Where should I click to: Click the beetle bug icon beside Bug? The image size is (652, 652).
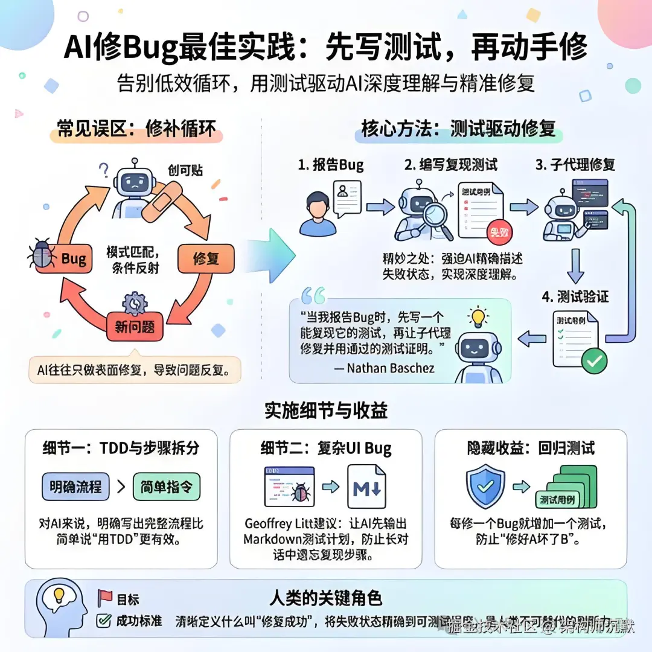coord(43,255)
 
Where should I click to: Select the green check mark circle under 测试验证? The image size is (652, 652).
coord(594,361)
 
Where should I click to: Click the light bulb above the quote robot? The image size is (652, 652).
coord(478,317)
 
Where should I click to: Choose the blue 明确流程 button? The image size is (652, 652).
coord(76,487)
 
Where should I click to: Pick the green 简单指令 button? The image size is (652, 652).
coord(166,487)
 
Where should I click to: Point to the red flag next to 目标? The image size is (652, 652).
coord(105,599)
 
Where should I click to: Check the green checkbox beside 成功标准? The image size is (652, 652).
coord(104,620)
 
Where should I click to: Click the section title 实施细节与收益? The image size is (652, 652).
coord(326,411)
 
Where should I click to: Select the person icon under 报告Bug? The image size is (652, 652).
coord(317,214)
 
